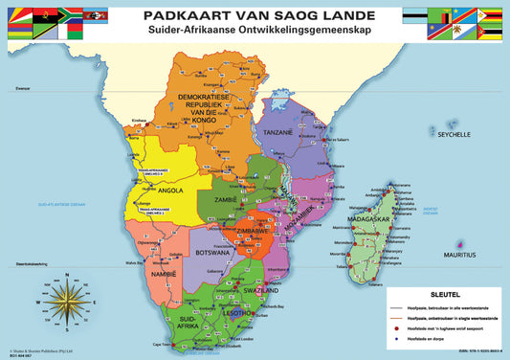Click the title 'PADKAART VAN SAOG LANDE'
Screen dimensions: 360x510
pyautogui.click(x=254, y=15)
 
